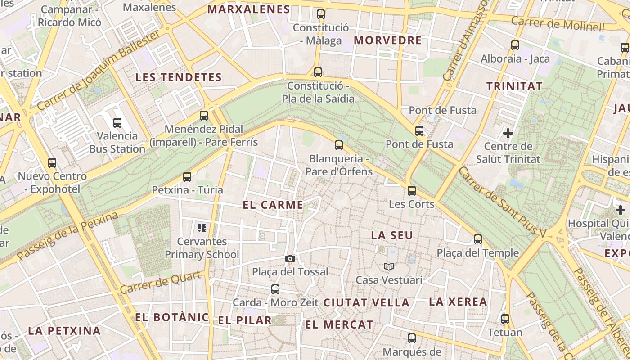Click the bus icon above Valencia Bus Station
(117, 122)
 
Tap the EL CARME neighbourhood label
(273, 205)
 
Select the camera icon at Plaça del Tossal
(290, 258)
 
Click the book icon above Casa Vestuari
(389, 266)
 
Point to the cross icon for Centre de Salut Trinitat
(508, 133)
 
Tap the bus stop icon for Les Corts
(412, 191)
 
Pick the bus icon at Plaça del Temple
(478, 239)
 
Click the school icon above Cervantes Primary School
(202, 228)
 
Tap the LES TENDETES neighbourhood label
(179, 77)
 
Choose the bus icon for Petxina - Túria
(187, 177)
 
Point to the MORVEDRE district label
(387, 40)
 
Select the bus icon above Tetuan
(505, 319)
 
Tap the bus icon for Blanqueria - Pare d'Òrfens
(339, 145)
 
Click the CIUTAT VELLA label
(366, 303)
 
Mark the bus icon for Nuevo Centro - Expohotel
(52, 163)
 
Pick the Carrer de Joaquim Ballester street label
(99, 71)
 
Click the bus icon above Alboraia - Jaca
(515, 45)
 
